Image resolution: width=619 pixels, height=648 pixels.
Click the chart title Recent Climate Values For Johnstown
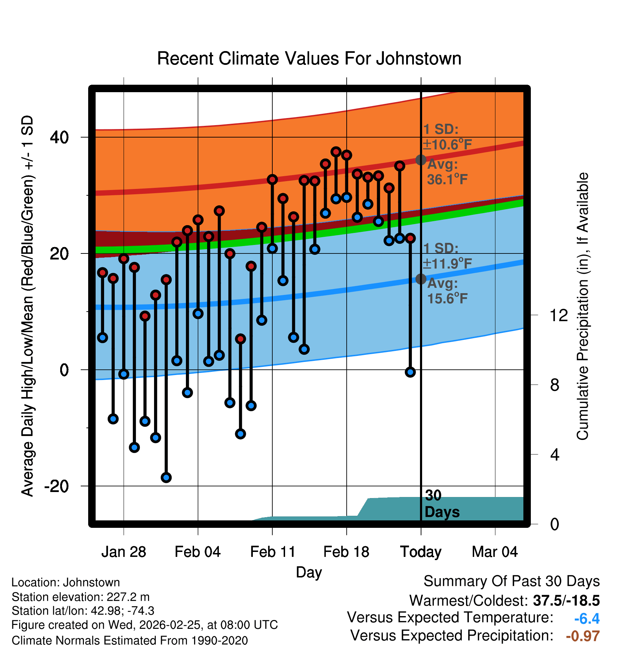pos(309,58)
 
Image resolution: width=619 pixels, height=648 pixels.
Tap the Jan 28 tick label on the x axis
pos(124,552)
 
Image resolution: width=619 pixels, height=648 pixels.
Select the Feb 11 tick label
pos(272,552)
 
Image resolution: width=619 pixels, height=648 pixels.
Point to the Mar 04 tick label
pos(495,552)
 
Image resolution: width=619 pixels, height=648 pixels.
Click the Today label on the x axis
pos(421,552)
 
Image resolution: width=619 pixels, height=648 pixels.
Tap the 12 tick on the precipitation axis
pos(558,315)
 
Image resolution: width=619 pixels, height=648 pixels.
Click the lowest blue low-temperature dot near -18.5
pos(166,477)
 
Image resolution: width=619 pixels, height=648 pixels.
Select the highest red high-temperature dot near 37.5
pos(336,152)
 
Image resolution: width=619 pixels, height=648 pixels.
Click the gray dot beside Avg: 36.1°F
pos(421,160)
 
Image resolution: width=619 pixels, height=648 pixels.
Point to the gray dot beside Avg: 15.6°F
pos(421,279)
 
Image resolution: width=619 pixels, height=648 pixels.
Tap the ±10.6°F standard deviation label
pos(447,145)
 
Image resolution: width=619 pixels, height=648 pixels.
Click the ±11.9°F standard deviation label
pos(447,264)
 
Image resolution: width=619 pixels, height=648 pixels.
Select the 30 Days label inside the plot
pos(442,504)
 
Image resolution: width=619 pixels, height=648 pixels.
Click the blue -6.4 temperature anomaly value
pos(587,619)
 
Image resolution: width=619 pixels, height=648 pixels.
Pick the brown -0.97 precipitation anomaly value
pos(583,636)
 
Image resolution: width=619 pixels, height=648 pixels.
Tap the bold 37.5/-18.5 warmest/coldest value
pos(566,600)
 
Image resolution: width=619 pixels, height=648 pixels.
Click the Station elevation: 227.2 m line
pos(80,597)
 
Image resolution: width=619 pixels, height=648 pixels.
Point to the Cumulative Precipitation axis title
pos(583,306)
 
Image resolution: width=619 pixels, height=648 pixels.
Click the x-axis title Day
pos(309,572)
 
